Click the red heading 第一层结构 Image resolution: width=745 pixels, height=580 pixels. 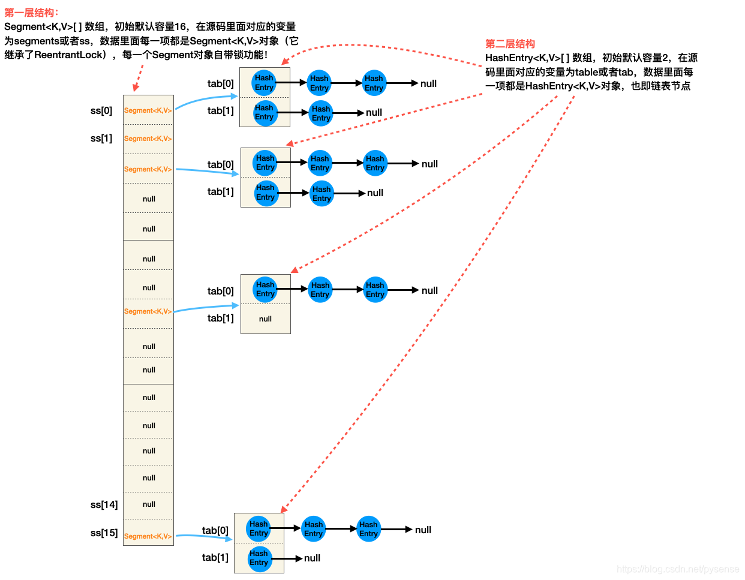[x=31, y=13]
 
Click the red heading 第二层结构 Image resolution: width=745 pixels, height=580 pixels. [x=510, y=44]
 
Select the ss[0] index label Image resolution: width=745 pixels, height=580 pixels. [x=101, y=110]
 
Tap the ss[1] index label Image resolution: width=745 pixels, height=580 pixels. [x=101, y=139]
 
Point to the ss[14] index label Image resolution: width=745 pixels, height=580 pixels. [x=104, y=504]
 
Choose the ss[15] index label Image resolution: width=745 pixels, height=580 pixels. [x=104, y=533]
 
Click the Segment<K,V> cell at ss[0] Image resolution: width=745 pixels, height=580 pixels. [x=148, y=110]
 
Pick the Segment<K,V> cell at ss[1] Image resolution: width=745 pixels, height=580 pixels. [x=148, y=139]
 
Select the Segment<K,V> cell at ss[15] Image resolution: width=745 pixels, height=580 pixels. [x=148, y=536]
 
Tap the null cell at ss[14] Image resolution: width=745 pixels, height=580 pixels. [x=149, y=504]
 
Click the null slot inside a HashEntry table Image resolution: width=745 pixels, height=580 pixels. [x=265, y=319]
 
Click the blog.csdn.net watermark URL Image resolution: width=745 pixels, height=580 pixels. [x=678, y=569]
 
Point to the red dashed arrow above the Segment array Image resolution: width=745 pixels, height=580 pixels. [x=139, y=78]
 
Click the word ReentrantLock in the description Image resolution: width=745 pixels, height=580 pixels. [x=69, y=55]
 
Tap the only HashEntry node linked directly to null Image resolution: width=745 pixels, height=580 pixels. [x=259, y=558]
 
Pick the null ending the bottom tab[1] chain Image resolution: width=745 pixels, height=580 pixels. [x=312, y=558]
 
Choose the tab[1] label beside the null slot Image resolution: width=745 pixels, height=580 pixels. [x=220, y=318]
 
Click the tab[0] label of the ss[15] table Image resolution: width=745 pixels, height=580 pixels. [x=215, y=530]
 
